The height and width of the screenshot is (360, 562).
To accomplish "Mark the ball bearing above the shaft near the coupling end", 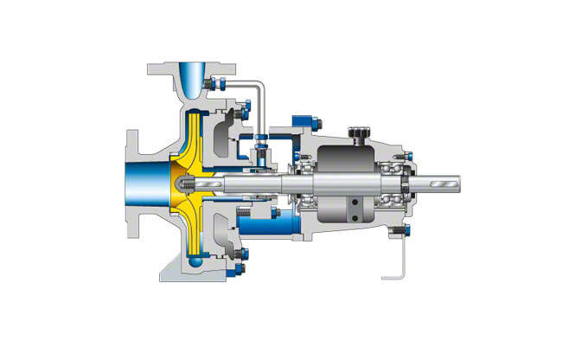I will coord(397,164).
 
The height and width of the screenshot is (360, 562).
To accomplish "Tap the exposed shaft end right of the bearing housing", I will coord(441,184).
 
